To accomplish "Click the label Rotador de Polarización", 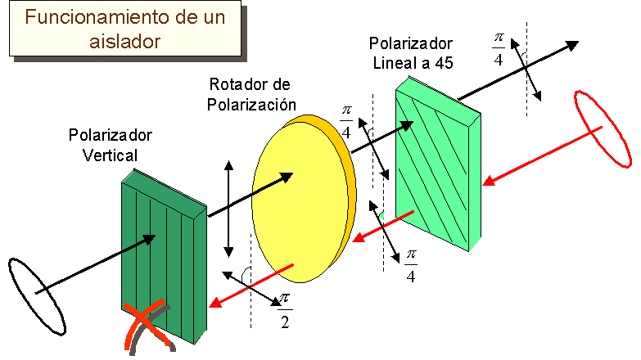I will (251, 94).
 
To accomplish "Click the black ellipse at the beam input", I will (36, 296).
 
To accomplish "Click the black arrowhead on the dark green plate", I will (150, 238).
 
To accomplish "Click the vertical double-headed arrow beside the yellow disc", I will (228, 209).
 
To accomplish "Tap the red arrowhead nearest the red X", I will (218, 303).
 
